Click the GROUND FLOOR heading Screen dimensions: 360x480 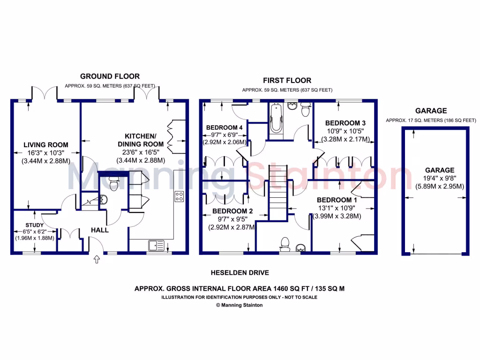click(110, 76)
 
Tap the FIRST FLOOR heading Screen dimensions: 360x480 click(287, 80)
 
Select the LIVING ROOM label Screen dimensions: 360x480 click(46, 145)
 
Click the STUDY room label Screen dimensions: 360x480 click(32, 224)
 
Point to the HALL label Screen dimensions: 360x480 click(99, 230)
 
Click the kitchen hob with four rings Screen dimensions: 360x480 click(179, 196)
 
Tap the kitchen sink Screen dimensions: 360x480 click(155, 245)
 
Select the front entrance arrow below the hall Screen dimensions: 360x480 click(97, 259)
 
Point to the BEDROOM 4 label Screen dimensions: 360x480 click(224, 127)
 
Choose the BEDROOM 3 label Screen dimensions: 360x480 click(345, 123)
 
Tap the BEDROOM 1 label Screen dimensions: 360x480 click(337, 200)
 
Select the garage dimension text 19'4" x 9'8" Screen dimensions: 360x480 click(440, 178)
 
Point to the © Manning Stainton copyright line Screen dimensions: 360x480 click(239, 305)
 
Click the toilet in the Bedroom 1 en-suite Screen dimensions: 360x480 click(284, 243)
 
